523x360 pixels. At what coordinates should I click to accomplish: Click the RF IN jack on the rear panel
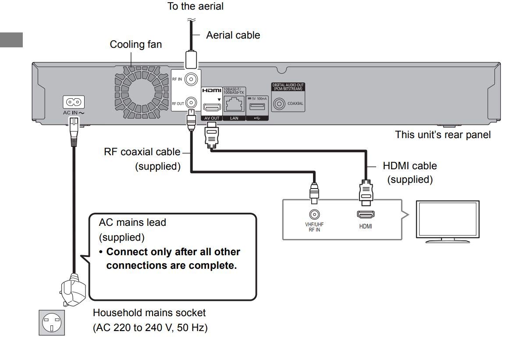(191, 79)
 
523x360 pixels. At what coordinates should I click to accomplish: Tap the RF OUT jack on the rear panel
(191, 103)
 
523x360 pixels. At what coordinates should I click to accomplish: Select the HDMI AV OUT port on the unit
(211, 107)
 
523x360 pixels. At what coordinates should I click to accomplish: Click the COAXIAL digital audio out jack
(279, 104)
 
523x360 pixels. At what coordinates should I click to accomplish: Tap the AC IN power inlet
(74, 103)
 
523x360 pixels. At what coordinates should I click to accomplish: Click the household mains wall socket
(52, 323)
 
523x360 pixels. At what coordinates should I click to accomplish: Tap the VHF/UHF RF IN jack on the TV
(314, 215)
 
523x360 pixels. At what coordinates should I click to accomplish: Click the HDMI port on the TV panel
(366, 215)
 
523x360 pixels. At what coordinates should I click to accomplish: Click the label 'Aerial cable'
(233, 36)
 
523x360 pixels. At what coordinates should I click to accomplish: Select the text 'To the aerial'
(195, 6)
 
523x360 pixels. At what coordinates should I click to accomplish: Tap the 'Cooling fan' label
(135, 44)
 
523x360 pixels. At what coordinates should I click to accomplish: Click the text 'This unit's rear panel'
(443, 135)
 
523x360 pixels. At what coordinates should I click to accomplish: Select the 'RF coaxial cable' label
(142, 152)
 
